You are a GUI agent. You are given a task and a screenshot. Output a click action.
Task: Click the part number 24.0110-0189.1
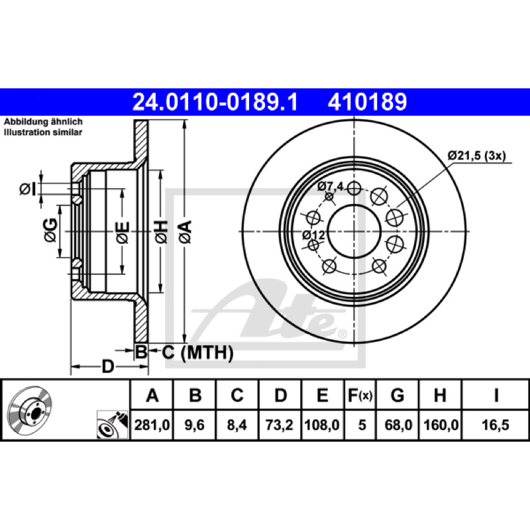click(215, 102)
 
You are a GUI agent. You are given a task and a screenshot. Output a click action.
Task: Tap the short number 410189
click(367, 102)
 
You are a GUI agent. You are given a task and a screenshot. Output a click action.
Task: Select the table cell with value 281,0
click(152, 425)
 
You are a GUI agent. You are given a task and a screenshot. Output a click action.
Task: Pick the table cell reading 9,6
click(194, 425)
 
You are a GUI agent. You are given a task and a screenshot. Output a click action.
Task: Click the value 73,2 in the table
click(280, 425)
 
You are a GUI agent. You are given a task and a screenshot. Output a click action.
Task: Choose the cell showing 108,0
click(322, 425)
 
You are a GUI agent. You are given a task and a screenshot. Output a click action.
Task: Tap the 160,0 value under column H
click(441, 425)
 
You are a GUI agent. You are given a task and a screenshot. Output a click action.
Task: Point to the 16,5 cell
click(495, 425)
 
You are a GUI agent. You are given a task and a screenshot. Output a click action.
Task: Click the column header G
click(397, 395)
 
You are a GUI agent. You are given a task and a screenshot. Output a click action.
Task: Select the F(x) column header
click(360, 395)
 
